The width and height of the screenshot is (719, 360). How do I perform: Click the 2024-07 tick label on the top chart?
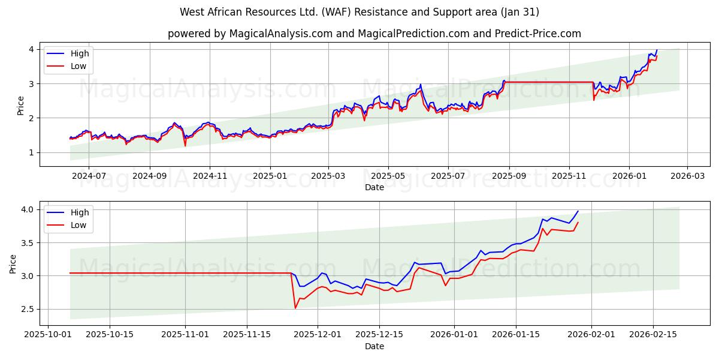click(89, 175)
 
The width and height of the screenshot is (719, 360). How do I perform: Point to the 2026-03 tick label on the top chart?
click(687, 175)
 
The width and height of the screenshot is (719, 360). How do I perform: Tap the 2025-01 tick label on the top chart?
click(270, 175)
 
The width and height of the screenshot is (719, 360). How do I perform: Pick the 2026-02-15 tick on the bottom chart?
click(653, 334)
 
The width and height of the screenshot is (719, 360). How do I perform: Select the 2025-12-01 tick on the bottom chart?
click(318, 334)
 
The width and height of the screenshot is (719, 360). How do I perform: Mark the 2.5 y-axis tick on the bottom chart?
click(28, 309)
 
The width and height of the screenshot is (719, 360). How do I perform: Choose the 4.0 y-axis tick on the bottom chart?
click(28, 209)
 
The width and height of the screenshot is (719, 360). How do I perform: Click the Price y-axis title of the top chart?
click(21, 106)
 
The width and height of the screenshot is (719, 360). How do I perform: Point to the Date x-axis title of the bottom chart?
click(374, 346)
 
